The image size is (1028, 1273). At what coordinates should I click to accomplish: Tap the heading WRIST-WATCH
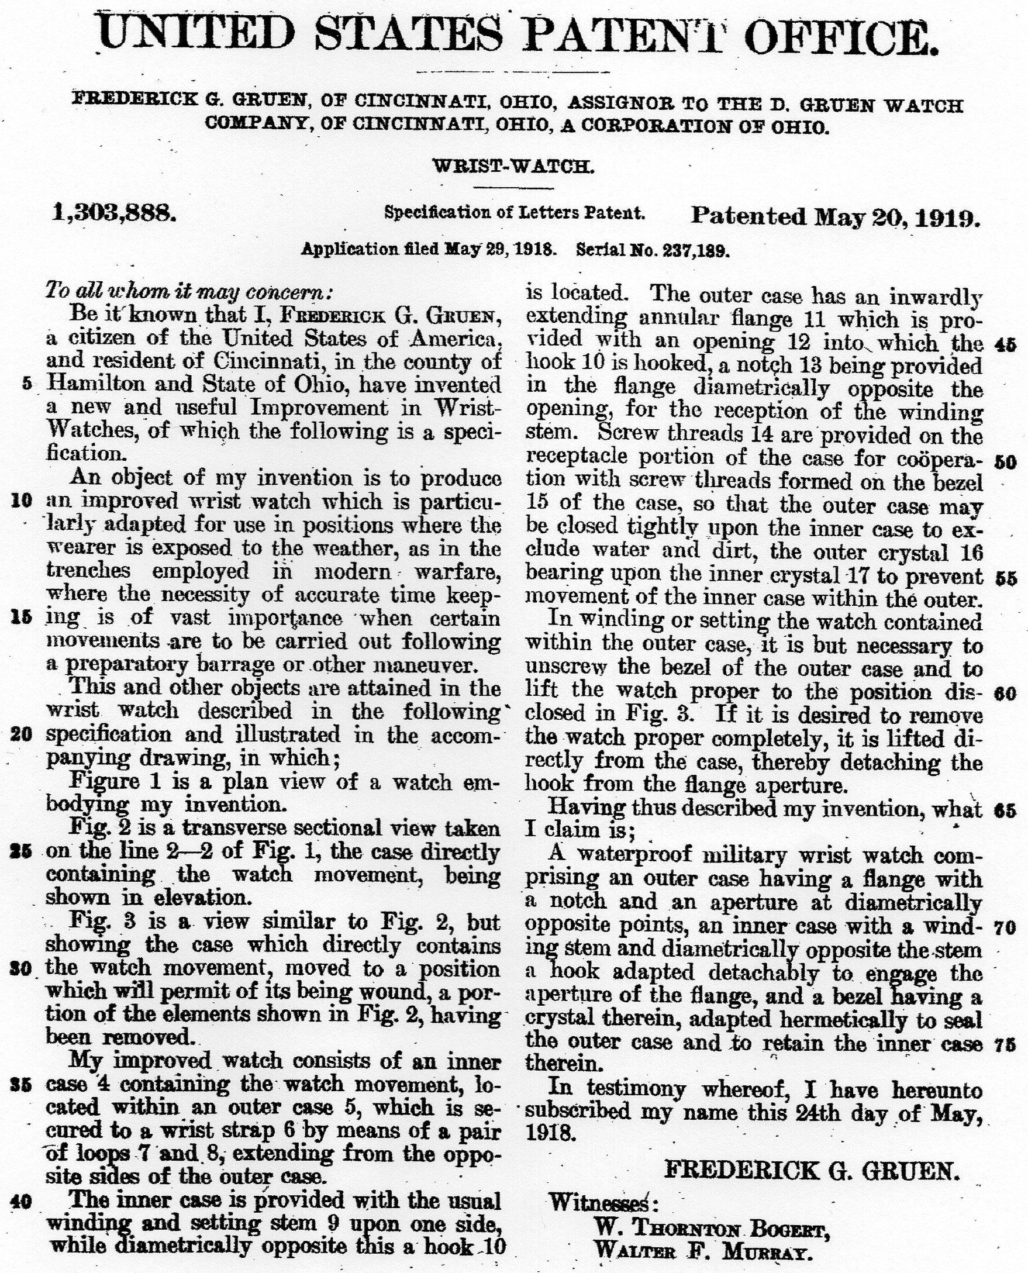point(513,167)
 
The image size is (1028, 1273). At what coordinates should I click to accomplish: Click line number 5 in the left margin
point(26,384)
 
